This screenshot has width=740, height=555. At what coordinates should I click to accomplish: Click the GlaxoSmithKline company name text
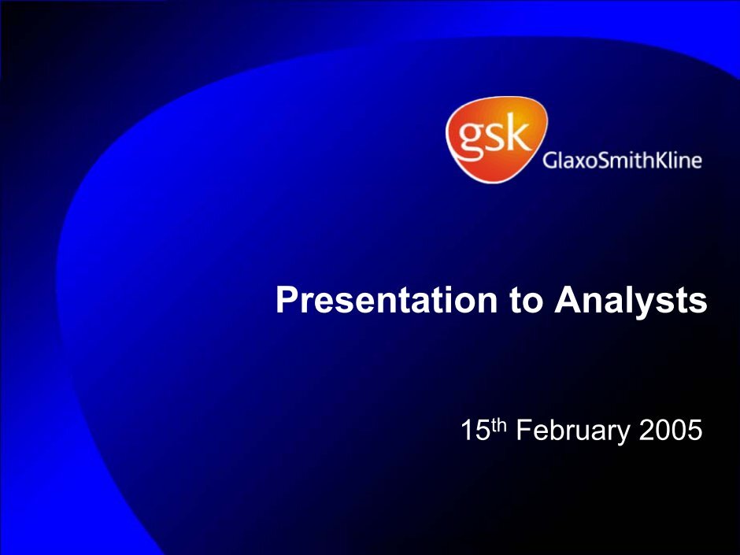point(622,161)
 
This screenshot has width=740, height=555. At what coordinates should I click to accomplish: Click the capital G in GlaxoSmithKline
point(550,161)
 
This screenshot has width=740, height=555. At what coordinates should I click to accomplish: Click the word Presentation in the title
point(387,300)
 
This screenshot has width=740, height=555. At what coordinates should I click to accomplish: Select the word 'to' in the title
point(525,301)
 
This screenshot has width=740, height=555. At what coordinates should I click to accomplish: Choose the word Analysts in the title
point(631,302)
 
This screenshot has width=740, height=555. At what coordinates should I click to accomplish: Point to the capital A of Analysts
point(568,299)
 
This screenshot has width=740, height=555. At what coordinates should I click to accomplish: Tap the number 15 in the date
point(475,430)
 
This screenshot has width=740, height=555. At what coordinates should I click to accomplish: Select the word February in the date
point(573,432)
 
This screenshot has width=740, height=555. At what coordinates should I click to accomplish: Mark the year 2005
point(671,430)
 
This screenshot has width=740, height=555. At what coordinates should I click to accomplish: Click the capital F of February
point(524,430)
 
